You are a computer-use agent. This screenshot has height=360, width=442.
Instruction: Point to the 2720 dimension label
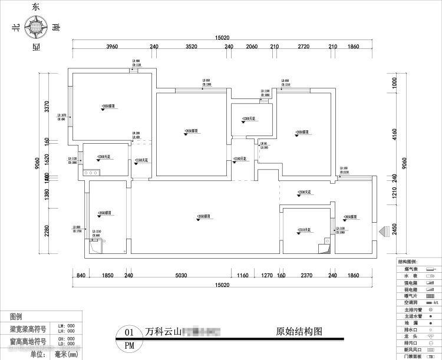click(x=304, y=47)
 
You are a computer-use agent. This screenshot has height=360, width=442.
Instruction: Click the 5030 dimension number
click(x=180, y=275)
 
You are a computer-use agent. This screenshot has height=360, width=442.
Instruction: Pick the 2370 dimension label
click(x=306, y=275)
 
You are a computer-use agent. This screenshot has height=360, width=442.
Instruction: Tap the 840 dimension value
click(x=81, y=275)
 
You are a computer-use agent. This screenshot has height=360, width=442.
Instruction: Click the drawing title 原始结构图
click(x=299, y=331)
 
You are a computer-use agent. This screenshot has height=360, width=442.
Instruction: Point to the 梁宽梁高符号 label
click(x=29, y=329)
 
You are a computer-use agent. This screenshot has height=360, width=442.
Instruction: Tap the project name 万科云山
click(x=163, y=331)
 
